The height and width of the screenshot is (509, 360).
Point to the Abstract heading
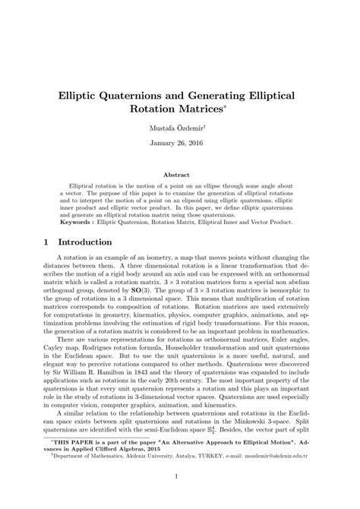click(x=180, y=175)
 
